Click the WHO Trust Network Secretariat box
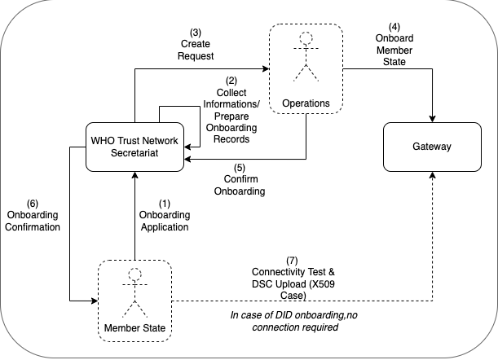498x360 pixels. [x=134, y=146]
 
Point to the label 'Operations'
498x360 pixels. [x=306, y=103]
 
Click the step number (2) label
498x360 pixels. [x=231, y=81]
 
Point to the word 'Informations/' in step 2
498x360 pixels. [x=231, y=104]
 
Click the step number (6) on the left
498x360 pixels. [x=32, y=203]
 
